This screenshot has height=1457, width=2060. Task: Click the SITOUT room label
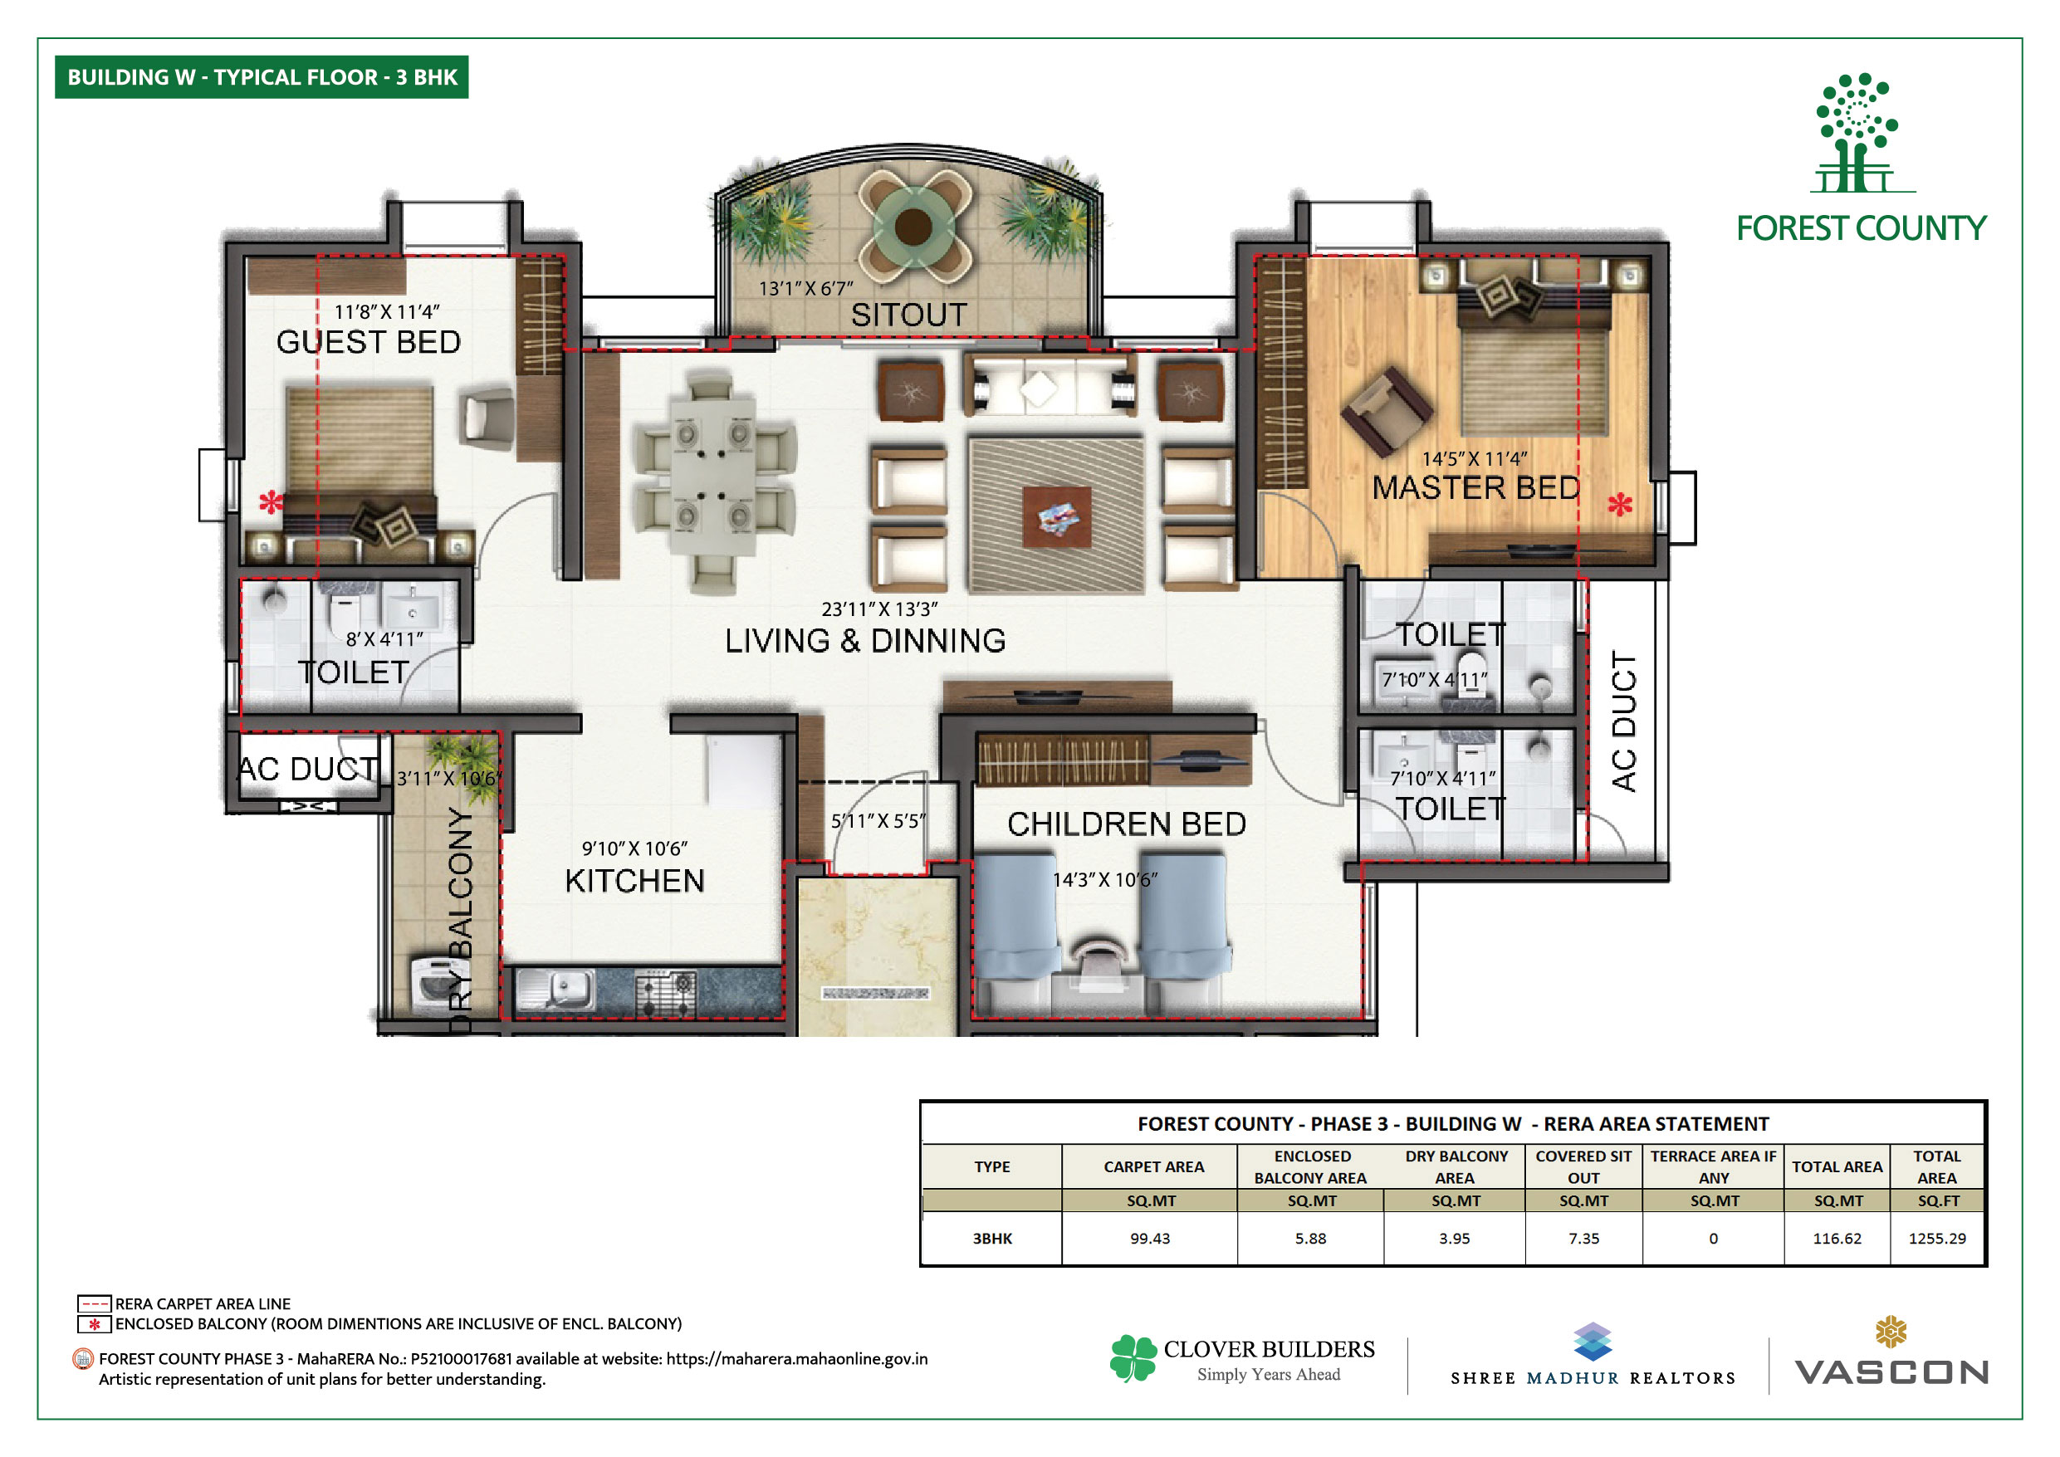(x=909, y=315)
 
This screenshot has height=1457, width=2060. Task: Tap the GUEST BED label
(x=369, y=342)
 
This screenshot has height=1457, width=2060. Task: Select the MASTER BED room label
(x=1476, y=488)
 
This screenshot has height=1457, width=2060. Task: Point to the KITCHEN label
(x=634, y=881)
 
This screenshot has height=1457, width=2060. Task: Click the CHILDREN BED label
(x=1127, y=824)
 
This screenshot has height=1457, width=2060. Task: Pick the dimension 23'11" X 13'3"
(x=879, y=609)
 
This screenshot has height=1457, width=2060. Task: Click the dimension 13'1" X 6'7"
(x=805, y=289)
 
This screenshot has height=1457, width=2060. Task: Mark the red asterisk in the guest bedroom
(x=270, y=502)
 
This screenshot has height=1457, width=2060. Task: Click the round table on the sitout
(x=913, y=224)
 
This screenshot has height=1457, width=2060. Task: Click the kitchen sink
(x=555, y=990)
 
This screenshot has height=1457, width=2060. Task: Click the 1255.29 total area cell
(x=1936, y=1238)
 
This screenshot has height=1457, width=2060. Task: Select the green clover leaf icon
(x=1133, y=1357)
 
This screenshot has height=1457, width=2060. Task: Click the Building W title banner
(x=262, y=77)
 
